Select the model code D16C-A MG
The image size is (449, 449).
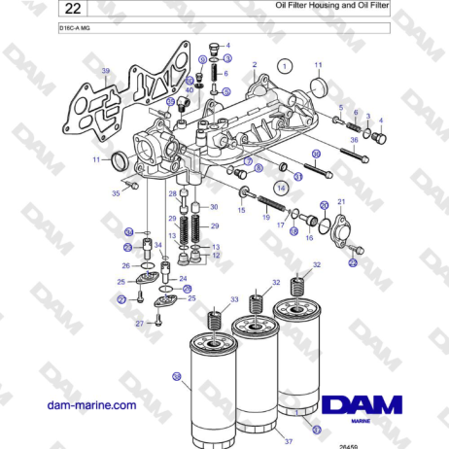[x=75, y=30]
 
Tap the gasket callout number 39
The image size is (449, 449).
[x=105, y=71]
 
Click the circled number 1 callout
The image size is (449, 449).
[x=285, y=67]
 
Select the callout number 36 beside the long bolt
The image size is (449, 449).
[x=354, y=140]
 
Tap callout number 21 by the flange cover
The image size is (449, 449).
[x=341, y=201]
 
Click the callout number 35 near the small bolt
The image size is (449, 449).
[x=116, y=194]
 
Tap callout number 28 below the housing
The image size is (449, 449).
[x=172, y=194]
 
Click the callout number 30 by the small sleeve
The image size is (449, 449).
[x=214, y=207]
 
